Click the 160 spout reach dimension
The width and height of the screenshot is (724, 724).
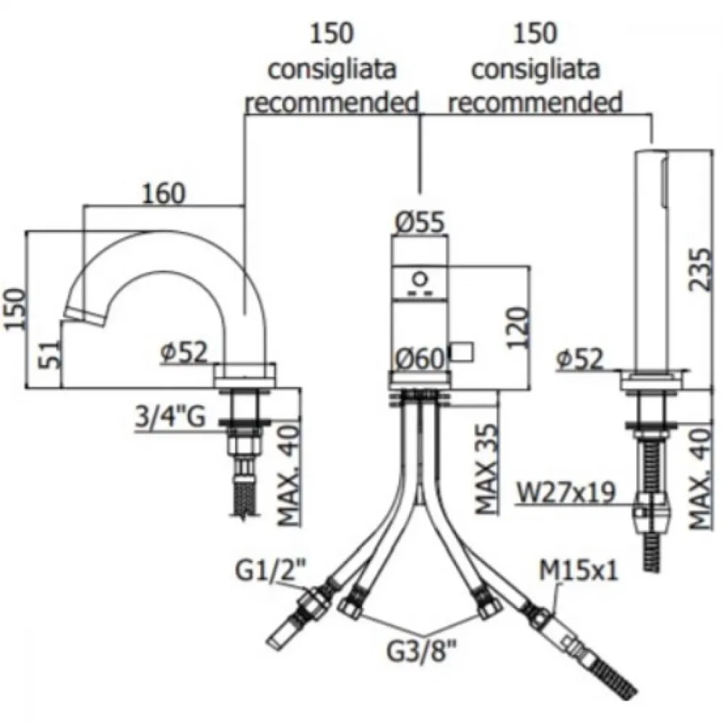164,193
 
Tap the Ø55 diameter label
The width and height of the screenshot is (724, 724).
420,222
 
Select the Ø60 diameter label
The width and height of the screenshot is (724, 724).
420,358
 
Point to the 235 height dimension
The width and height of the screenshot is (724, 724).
699,269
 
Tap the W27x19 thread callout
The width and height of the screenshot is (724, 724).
565,492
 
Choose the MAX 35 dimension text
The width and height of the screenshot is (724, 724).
487,469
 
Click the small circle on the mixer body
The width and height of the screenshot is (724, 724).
420,279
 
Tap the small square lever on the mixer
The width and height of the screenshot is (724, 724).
461,352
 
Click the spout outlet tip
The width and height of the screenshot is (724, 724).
84,317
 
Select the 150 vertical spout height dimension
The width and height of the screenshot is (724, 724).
15,308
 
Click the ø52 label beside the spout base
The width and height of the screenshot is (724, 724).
184,353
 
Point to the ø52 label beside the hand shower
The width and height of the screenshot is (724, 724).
581,358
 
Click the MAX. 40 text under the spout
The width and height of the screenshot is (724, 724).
289,476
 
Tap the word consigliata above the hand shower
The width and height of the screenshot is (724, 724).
535,70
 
